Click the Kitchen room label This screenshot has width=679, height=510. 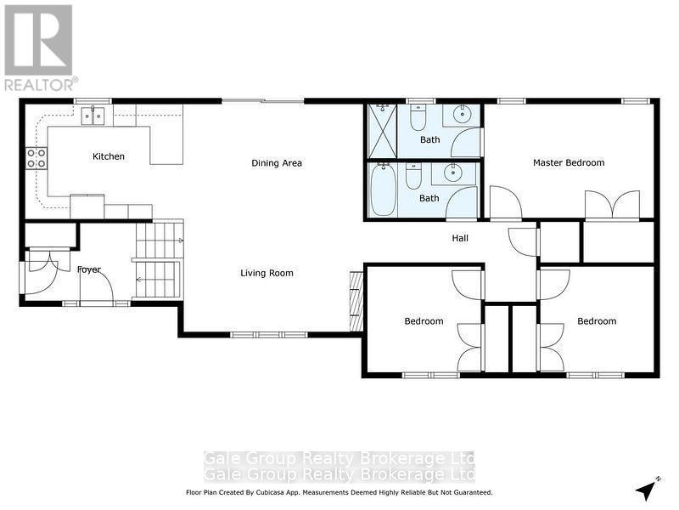tap(109, 156)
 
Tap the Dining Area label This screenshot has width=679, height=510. tap(277, 163)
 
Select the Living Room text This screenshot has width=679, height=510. tap(267, 273)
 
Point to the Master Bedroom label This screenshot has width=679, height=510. tap(569, 162)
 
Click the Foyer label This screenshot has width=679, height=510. tap(89, 269)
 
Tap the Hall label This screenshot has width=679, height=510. tap(459, 238)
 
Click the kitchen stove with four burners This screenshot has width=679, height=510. tap(36, 157)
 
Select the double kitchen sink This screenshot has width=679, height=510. tap(93, 115)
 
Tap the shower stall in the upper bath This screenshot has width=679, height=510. tap(382, 131)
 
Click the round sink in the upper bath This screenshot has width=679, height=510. tap(462, 114)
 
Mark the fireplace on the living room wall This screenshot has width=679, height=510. tap(356, 301)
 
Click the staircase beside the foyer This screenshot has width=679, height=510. tap(159, 259)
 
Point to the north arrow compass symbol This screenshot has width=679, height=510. tap(648, 490)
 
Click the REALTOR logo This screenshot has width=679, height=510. tap(39, 48)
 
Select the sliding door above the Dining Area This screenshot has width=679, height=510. tap(262, 101)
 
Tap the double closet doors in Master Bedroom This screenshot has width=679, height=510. tap(612, 206)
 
